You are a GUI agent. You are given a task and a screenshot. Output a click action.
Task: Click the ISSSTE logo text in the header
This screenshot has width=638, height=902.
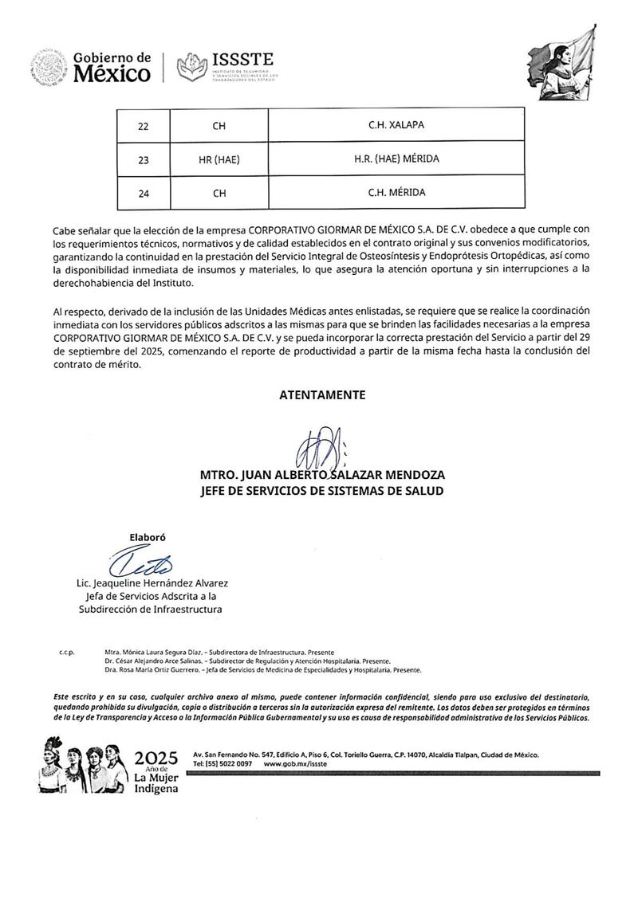(243, 60)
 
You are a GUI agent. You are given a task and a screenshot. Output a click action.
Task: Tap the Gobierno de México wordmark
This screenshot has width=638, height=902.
(111, 68)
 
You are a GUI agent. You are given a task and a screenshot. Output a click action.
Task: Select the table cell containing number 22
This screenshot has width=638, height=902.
(144, 126)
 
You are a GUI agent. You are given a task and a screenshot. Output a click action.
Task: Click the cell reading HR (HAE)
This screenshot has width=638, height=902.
(219, 159)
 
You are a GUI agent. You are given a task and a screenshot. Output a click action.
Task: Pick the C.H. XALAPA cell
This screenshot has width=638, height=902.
(396, 126)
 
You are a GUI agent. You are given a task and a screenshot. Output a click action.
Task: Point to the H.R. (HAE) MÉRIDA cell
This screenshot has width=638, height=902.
(396, 159)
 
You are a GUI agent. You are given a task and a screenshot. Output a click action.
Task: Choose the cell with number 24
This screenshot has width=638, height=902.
(144, 193)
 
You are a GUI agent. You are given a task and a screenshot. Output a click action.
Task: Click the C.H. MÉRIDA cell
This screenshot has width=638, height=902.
(396, 193)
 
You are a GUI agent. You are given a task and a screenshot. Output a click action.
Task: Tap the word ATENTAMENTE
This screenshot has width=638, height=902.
(322, 394)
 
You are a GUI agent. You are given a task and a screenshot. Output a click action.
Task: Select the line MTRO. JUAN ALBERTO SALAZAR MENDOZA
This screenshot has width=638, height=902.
(322, 475)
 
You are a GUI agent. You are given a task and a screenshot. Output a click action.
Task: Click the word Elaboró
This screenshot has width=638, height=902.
(148, 536)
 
